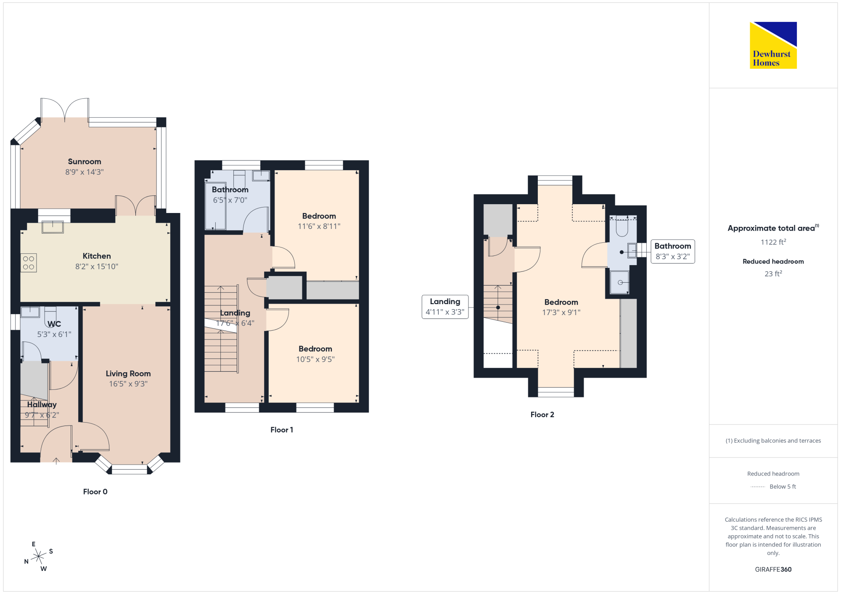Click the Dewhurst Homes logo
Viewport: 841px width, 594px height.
click(773, 45)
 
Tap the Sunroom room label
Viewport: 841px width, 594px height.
click(85, 162)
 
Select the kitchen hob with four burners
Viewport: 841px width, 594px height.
click(29, 263)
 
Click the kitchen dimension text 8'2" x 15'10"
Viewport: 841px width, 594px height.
click(97, 266)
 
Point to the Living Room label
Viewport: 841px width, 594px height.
click(128, 373)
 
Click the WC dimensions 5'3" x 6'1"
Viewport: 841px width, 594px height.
click(54, 334)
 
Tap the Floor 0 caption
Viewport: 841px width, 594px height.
click(95, 491)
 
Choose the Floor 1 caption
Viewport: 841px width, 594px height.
click(282, 430)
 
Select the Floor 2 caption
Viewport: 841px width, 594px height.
click(542, 415)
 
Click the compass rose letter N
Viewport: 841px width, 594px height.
click(26, 561)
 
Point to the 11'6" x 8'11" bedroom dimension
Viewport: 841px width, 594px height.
click(319, 226)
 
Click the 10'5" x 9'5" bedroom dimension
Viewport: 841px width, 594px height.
click(315, 359)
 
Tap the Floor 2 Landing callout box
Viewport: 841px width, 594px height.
click(445, 307)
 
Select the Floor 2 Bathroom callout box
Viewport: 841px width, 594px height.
click(673, 251)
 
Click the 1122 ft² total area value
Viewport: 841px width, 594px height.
click(773, 242)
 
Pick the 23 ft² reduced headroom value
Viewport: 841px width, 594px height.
click(773, 273)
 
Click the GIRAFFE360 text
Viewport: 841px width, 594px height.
click(773, 570)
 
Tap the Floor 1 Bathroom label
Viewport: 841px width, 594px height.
click(230, 190)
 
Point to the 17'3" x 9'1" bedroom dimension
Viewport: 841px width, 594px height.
click(561, 313)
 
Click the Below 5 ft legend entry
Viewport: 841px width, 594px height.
click(773, 486)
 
